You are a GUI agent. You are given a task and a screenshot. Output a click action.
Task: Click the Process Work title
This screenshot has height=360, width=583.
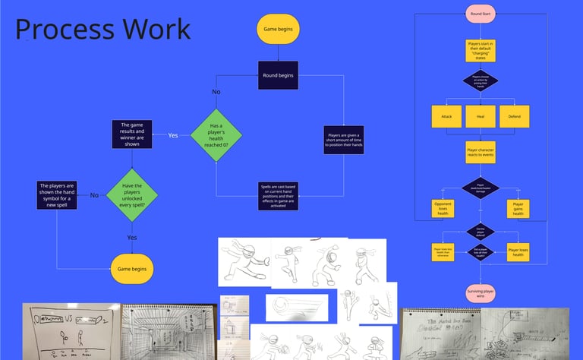pos(103,30)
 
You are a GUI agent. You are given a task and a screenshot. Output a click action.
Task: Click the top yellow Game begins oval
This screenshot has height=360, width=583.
pos(279,30)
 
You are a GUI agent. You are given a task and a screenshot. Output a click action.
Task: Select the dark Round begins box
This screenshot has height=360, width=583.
pos(279,75)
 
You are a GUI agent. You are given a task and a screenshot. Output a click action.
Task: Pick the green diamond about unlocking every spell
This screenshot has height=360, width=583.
pos(132,195)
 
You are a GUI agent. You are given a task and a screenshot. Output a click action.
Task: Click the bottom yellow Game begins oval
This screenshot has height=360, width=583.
pos(132,269)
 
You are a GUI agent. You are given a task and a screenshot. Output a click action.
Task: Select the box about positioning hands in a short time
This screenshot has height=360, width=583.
pos(343,140)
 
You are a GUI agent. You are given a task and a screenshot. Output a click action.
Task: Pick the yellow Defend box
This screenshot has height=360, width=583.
pos(514,116)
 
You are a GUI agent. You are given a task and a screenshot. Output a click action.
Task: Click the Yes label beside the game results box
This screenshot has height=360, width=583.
pos(173,135)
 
